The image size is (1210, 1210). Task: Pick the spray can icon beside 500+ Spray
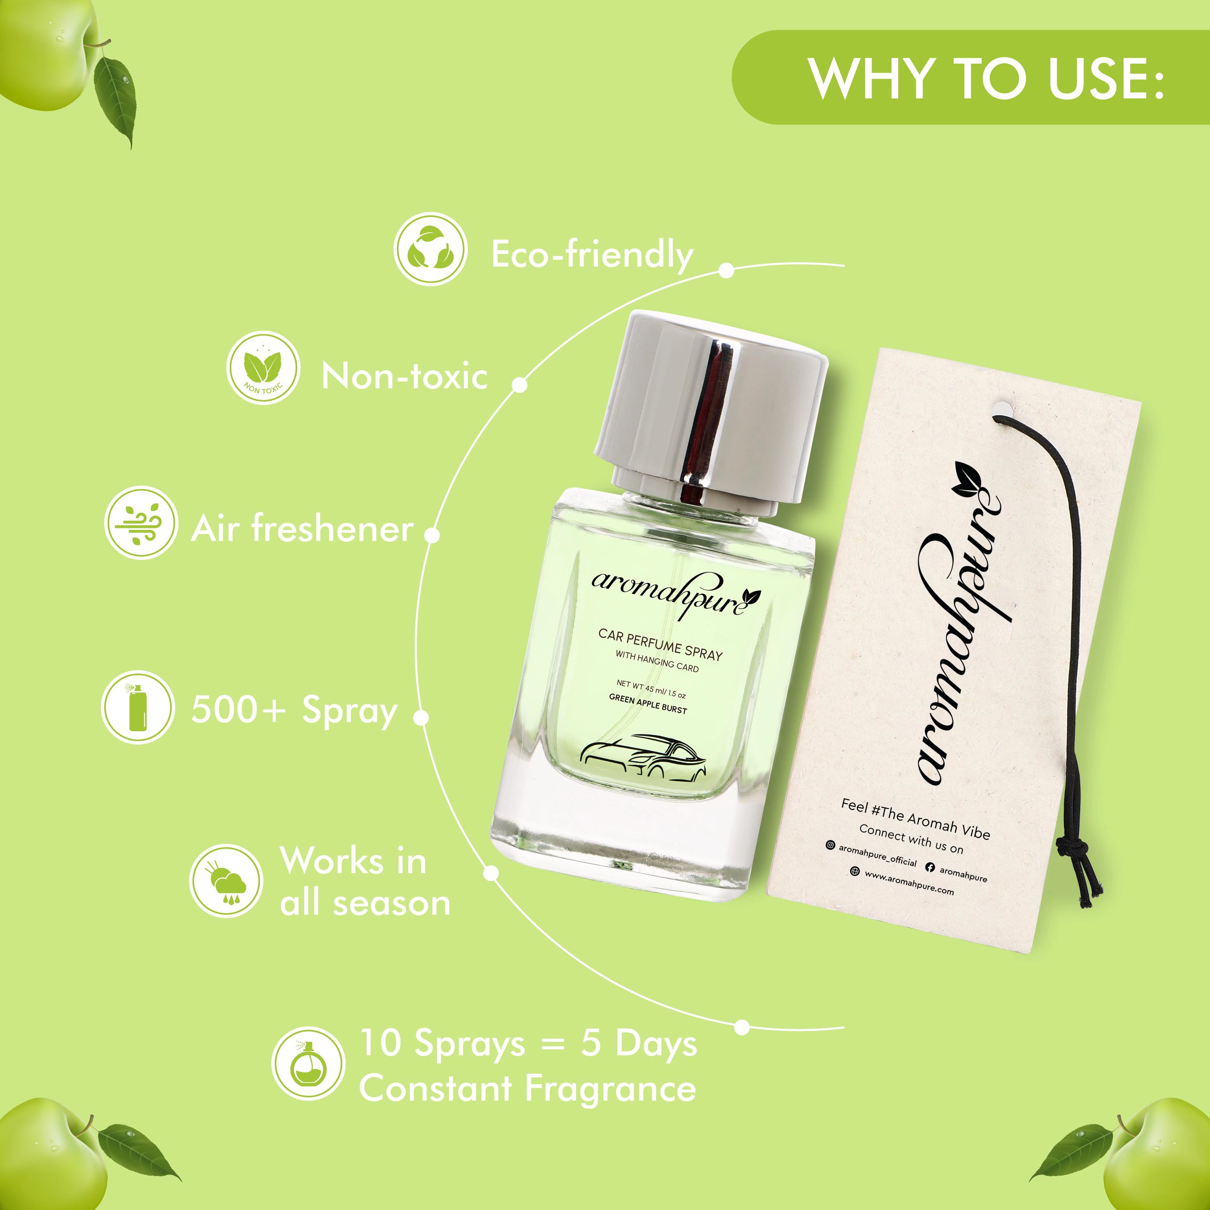(x=137, y=708)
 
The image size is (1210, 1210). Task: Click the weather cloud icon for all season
(x=226, y=881)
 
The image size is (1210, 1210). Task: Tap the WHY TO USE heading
(x=985, y=78)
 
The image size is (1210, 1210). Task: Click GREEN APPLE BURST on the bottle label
(x=648, y=705)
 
